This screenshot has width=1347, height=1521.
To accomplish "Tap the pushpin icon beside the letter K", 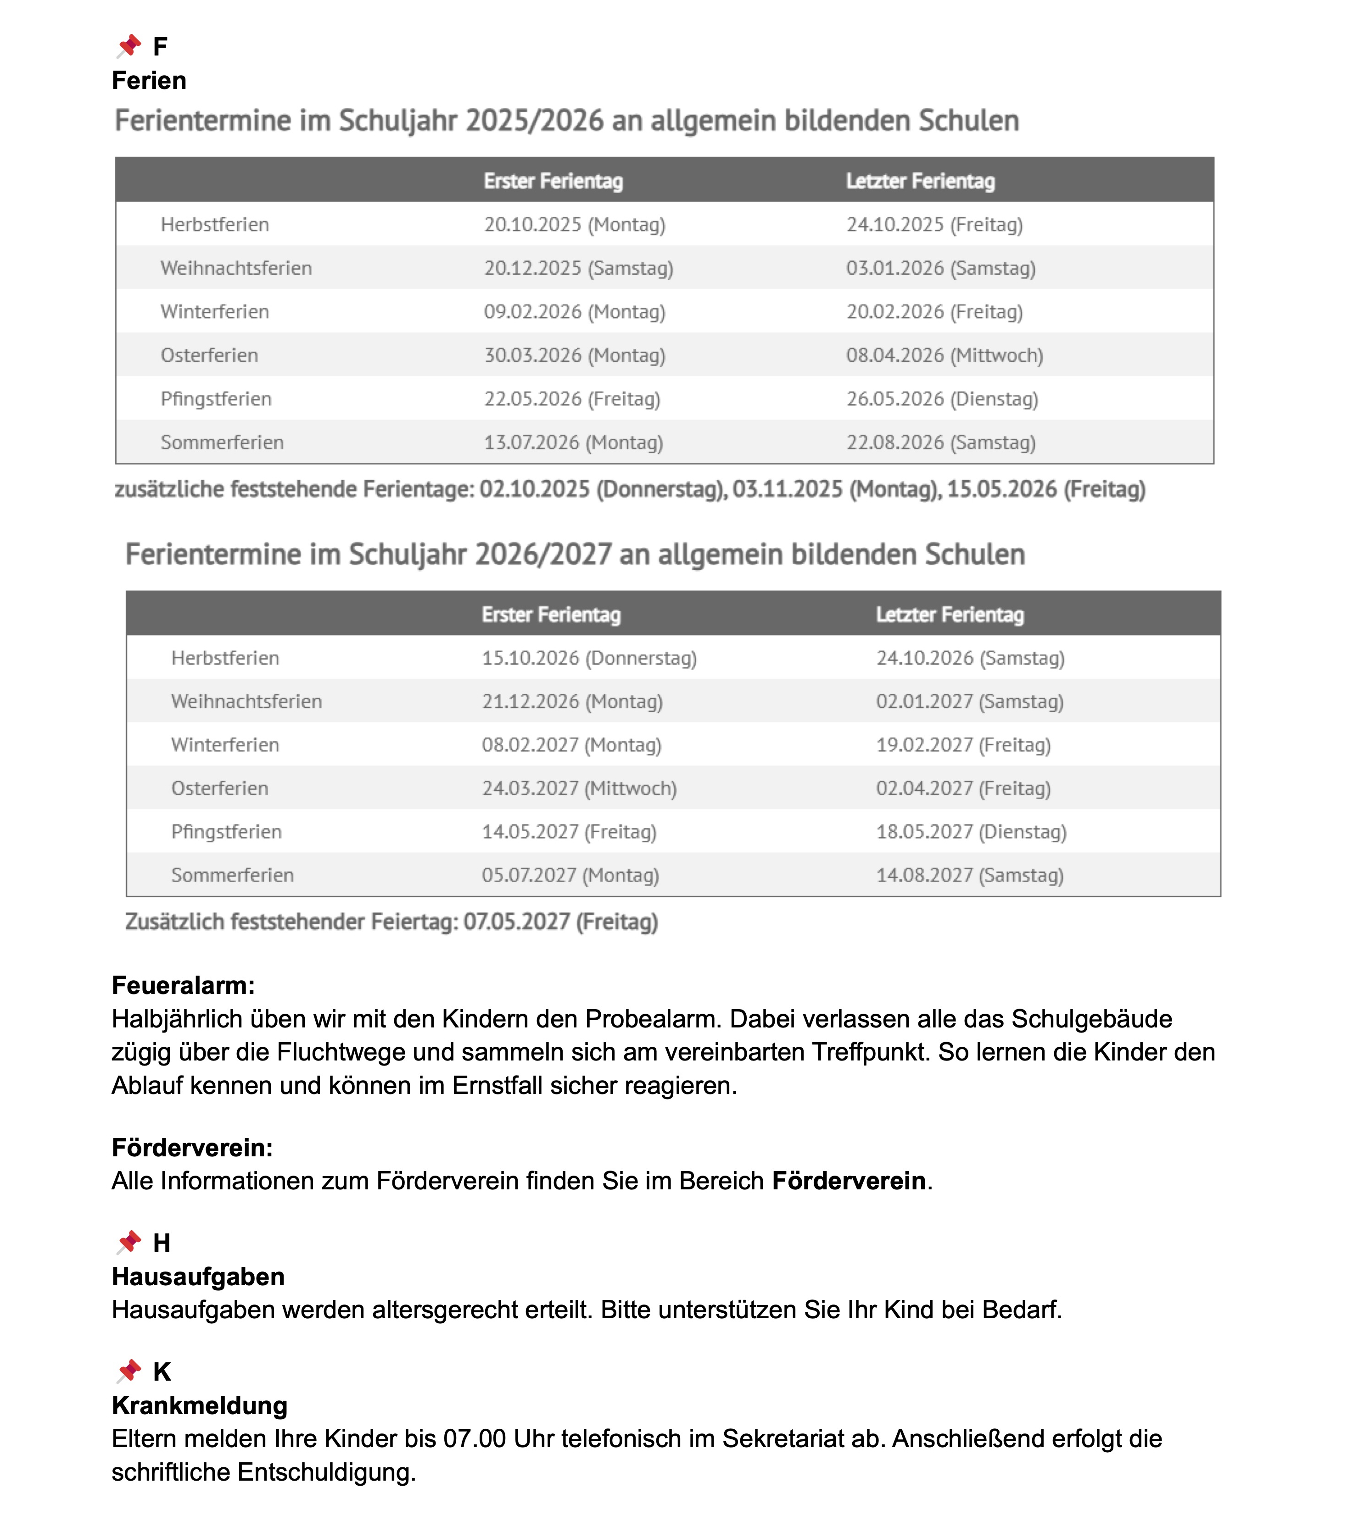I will pyautogui.click(x=129, y=1370).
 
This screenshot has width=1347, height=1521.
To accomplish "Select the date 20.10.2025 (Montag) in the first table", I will pyautogui.click(x=574, y=225).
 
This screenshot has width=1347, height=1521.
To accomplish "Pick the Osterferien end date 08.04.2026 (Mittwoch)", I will pyautogui.click(x=944, y=355).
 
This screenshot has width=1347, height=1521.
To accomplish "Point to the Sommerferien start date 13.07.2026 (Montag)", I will pyautogui.click(x=573, y=442).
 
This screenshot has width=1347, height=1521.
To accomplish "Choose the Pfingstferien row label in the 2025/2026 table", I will pyautogui.click(x=216, y=399).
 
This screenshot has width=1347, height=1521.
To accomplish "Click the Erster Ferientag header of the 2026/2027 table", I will pyautogui.click(x=551, y=615).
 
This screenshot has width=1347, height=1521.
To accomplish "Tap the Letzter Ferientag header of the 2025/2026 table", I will pyautogui.click(x=920, y=181).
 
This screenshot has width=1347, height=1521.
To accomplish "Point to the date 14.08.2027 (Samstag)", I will pyautogui.click(x=969, y=875).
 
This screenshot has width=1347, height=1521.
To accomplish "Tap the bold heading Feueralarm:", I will pyautogui.click(x=183, y=985).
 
